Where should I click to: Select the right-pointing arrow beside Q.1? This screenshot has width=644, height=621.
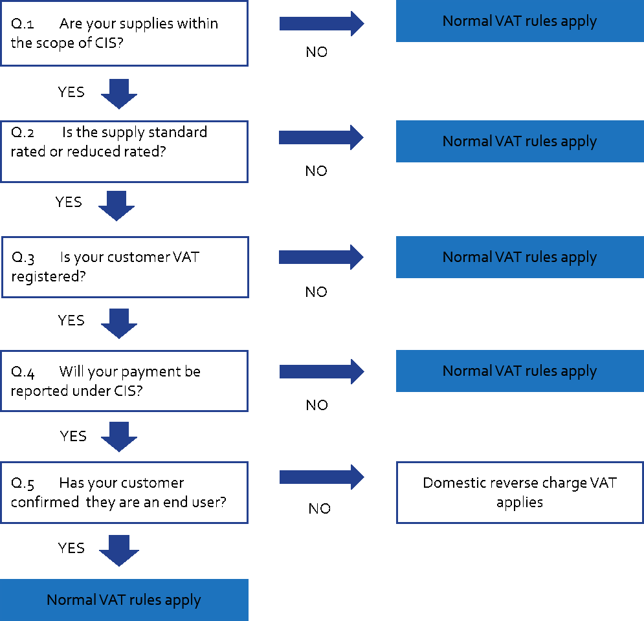(x=322, y=23)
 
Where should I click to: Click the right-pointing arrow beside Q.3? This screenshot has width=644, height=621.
(x=321, y=257)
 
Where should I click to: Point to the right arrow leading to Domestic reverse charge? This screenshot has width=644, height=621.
(x=322, y=477)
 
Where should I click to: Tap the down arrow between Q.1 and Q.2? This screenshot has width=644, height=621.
(x=119, y=94)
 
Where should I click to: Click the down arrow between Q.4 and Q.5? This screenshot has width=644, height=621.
(x=119, y=437)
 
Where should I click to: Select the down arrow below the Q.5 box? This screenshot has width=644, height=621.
(x=119, y=550)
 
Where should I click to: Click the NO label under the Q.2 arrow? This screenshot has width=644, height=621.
(x=316, y=171)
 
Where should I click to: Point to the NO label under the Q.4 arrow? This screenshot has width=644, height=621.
(x=316, y=405)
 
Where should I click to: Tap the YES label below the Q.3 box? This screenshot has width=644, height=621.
(x=71, y=320)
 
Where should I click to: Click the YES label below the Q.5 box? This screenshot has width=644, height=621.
(x=71, y=548)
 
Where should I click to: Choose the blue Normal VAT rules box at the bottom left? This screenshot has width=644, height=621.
(x=124, y=600)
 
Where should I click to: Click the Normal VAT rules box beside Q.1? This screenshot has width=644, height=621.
(x=520, y=21)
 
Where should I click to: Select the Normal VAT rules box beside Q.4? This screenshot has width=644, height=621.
(x=520, y=371)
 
